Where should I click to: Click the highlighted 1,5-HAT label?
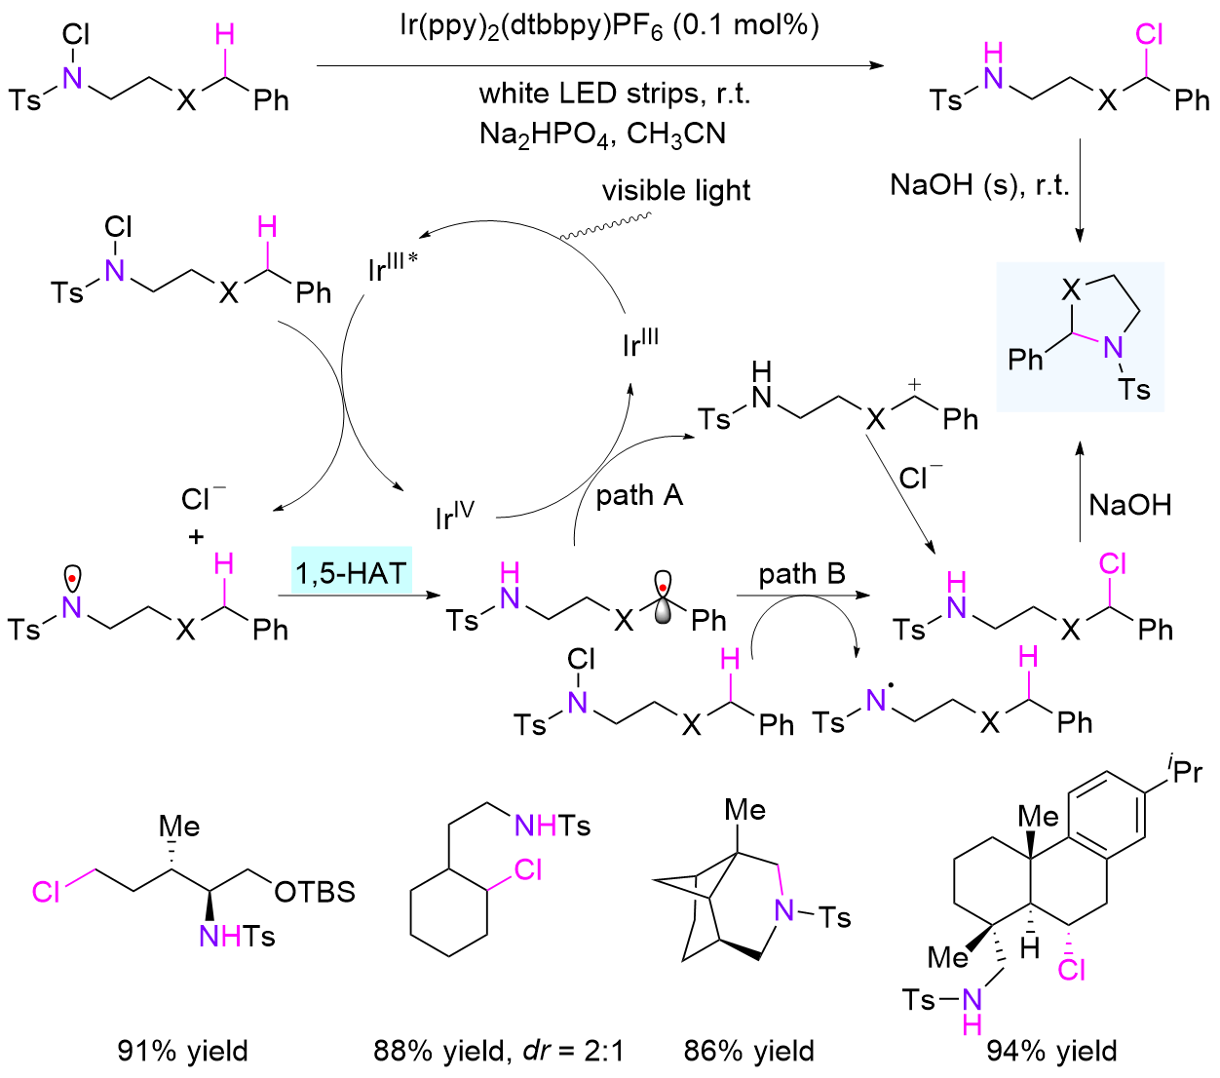click(x=351, y=572)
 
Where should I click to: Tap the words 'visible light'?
click(x=676, y=190)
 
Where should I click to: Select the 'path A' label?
click(x=639, y=496)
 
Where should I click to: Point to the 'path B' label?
click(x=802, y=574)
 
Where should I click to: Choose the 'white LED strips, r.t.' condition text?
click(x=614, y=94)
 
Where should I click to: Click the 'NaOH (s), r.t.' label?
click(x=979, y=184)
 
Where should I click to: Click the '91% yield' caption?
click(x=183, y=1050)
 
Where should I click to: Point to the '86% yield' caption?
click(x=749, y=1050)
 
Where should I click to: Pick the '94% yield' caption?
click(x=1052, y=1050)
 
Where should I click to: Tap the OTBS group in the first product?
click(x=315, y=892)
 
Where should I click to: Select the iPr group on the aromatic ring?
click(x=1185, y=771)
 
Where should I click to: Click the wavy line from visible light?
click(x=601, y=227)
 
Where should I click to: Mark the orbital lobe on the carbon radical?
click(x=663, y=596)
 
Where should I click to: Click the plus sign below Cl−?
click(x=197, y=536)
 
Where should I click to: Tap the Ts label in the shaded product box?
click(x=1134, y=390)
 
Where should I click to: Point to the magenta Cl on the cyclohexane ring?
click(x=527, y=869)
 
